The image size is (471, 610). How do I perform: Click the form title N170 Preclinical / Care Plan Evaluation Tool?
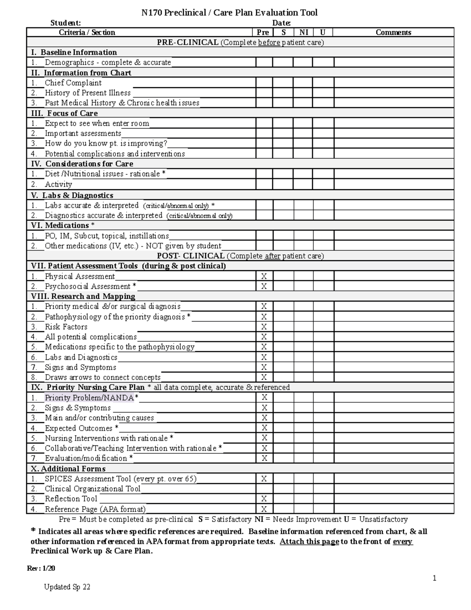point(229,13)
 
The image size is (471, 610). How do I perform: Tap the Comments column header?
point(393,33)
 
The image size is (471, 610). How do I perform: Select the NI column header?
point(303,33)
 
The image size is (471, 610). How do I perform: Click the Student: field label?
point(66,23)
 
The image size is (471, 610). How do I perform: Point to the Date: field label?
point(281,23)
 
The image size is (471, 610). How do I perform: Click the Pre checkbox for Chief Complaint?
point(264,83)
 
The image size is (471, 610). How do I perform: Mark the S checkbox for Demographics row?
point(283,62)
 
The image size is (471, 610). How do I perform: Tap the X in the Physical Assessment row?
point(264,277)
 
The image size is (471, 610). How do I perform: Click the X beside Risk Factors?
point(264,327)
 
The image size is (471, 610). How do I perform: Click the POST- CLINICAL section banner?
point(240,256)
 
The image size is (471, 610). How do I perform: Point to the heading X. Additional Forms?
point(68,469)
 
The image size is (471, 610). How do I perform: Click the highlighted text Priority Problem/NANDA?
point(89,398)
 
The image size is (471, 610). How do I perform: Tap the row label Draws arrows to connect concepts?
point(102,377)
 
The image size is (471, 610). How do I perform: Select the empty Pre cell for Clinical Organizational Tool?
point(264,489)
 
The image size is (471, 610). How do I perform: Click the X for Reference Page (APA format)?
point(264,509)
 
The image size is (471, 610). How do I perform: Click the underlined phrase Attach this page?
point(309,542)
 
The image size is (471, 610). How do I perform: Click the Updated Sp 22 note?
point(67,587)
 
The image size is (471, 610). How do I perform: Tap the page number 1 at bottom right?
point(434,578)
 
